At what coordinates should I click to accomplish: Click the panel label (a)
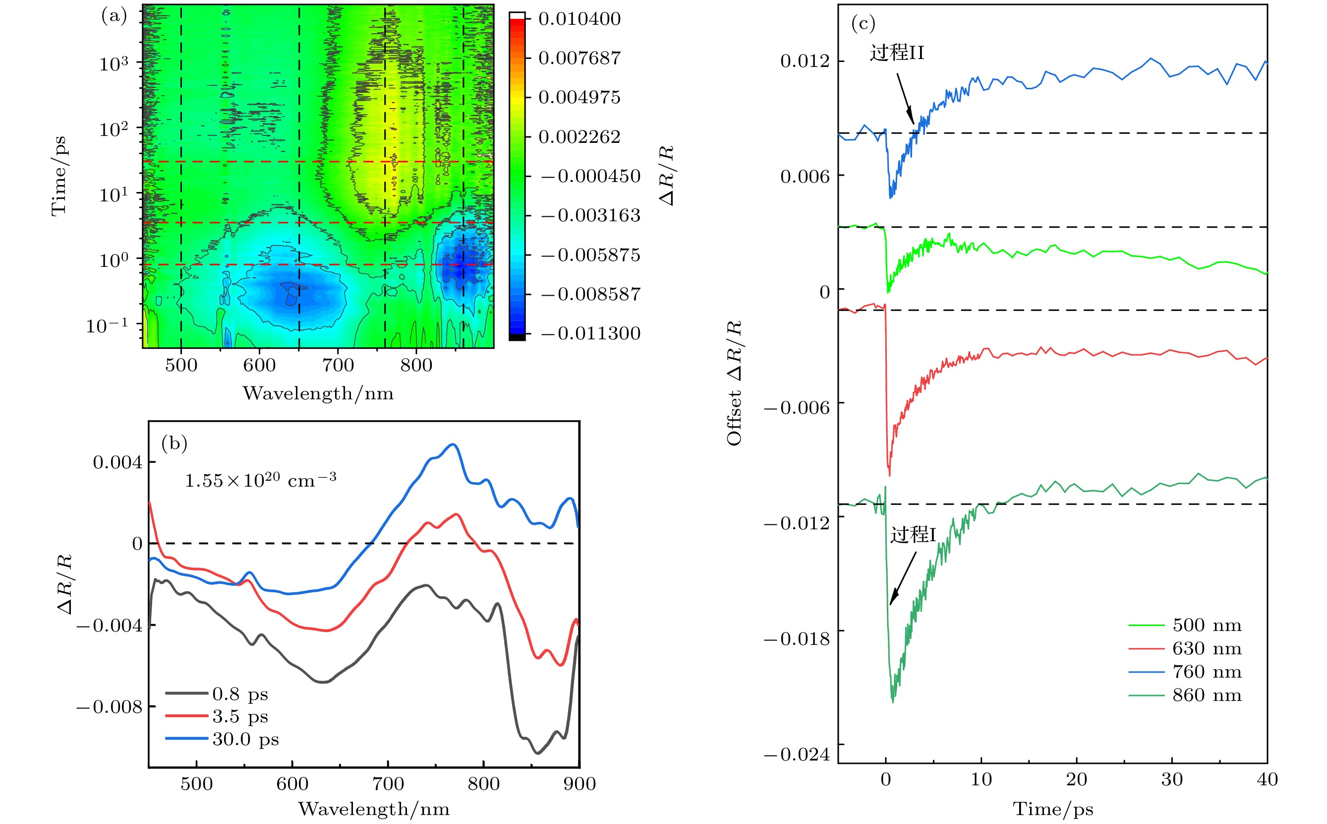tap(114, 16)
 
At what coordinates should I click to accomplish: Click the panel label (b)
tap(174, 443)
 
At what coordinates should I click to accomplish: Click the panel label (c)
tap(863, 23)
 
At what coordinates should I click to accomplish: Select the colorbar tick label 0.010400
tap(579, 19)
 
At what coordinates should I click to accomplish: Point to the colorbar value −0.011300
tap(591, 333)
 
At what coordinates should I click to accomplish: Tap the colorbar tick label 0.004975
tap(579, 98)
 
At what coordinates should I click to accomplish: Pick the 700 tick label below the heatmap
tap(338, 365)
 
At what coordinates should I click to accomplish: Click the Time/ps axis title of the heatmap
tap(59, 176)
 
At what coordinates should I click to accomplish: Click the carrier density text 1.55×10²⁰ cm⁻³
tap(260, 480)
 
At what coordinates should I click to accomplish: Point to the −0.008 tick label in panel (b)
tap(110, 707)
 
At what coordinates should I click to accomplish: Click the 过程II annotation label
tap(897, 53)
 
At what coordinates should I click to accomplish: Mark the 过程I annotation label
tap(913, 535)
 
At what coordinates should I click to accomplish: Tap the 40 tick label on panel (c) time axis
tap(1267, 779)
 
